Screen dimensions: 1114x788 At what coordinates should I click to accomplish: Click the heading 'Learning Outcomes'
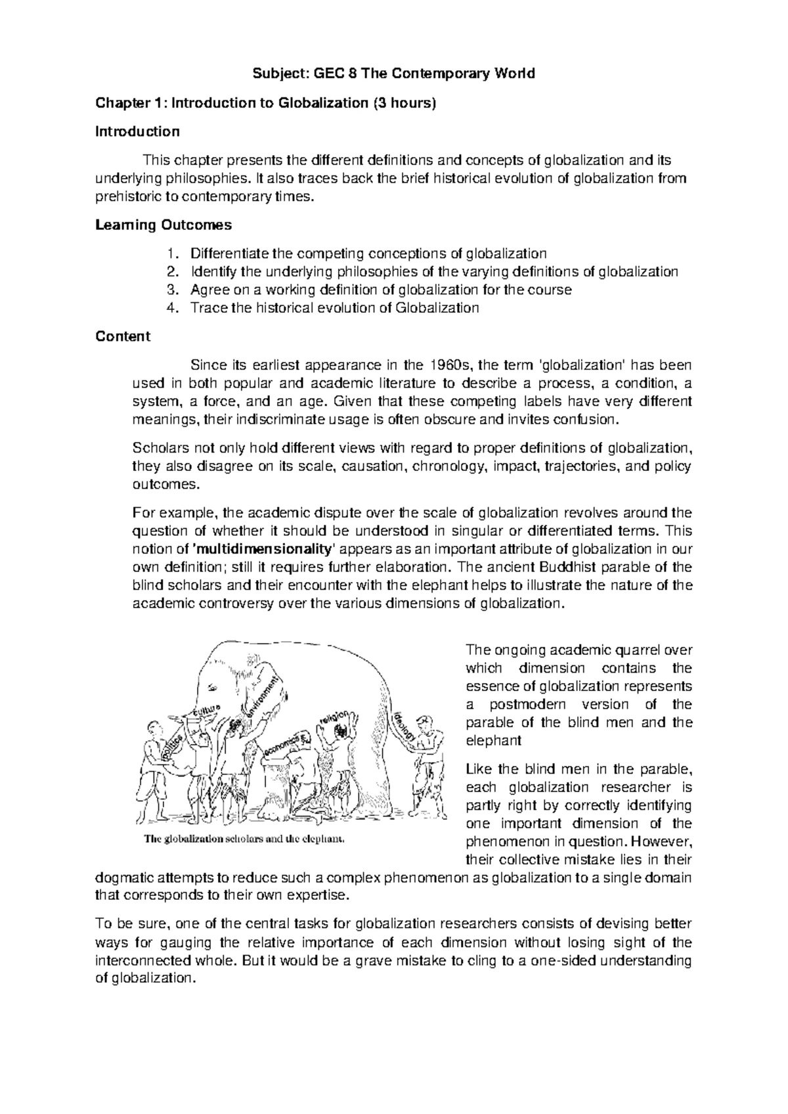tap(164, 225)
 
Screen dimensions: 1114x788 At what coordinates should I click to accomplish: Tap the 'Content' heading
tap(123, 337)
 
